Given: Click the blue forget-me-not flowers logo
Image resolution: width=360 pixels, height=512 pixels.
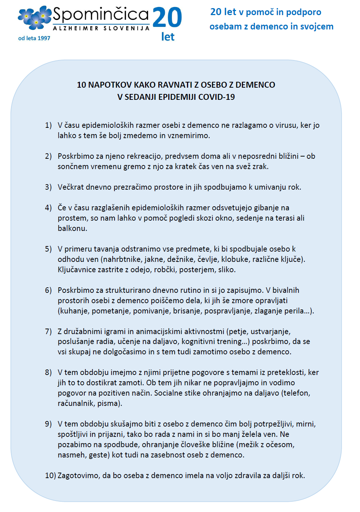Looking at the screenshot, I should [35, 18].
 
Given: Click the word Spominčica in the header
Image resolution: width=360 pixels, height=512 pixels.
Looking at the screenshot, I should [100, 15].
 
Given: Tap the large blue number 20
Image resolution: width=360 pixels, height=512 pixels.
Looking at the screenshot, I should [167, 18].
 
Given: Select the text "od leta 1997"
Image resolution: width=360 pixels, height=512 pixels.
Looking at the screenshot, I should [34, 38].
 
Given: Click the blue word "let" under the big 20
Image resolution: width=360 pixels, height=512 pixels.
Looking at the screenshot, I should [168, 37].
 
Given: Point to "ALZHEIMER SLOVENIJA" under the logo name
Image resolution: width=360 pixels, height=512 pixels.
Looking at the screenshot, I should [101, 28].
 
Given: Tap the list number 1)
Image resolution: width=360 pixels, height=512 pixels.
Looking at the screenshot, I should [48, 125].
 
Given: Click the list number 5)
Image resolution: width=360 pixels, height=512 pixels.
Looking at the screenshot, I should [48, 249].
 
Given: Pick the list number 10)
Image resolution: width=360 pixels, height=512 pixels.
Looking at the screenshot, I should [50, 476].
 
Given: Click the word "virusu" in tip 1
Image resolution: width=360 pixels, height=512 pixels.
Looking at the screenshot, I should [287, 125].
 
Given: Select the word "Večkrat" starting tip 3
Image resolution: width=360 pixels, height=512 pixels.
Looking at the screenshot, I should [71, 187].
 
